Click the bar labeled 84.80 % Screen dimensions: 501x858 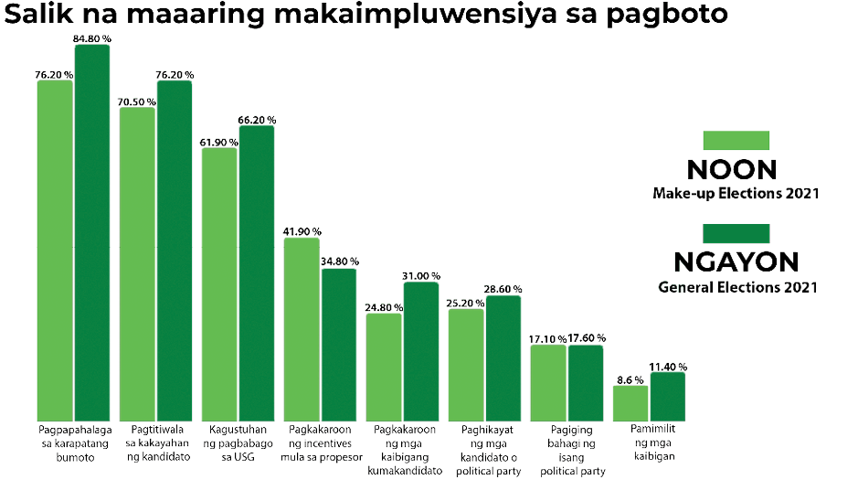[91, 233]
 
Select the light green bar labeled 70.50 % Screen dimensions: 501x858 [137, 265]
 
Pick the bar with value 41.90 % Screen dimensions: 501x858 [302, 329]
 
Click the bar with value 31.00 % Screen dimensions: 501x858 [420, 351]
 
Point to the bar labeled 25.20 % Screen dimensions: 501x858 [466, 365]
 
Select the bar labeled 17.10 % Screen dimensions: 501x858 [548, 382]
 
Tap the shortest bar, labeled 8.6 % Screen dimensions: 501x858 [630, 402]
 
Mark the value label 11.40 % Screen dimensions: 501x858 [668, 366]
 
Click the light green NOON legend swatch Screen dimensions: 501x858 [736, 140]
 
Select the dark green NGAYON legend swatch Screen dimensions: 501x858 [736, 232]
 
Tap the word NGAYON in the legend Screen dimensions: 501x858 [736, 262]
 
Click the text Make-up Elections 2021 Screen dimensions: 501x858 [736, 194]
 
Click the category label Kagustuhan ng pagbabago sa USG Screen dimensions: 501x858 [238, 442]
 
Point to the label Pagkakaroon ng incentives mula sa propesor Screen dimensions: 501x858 [320, 442]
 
